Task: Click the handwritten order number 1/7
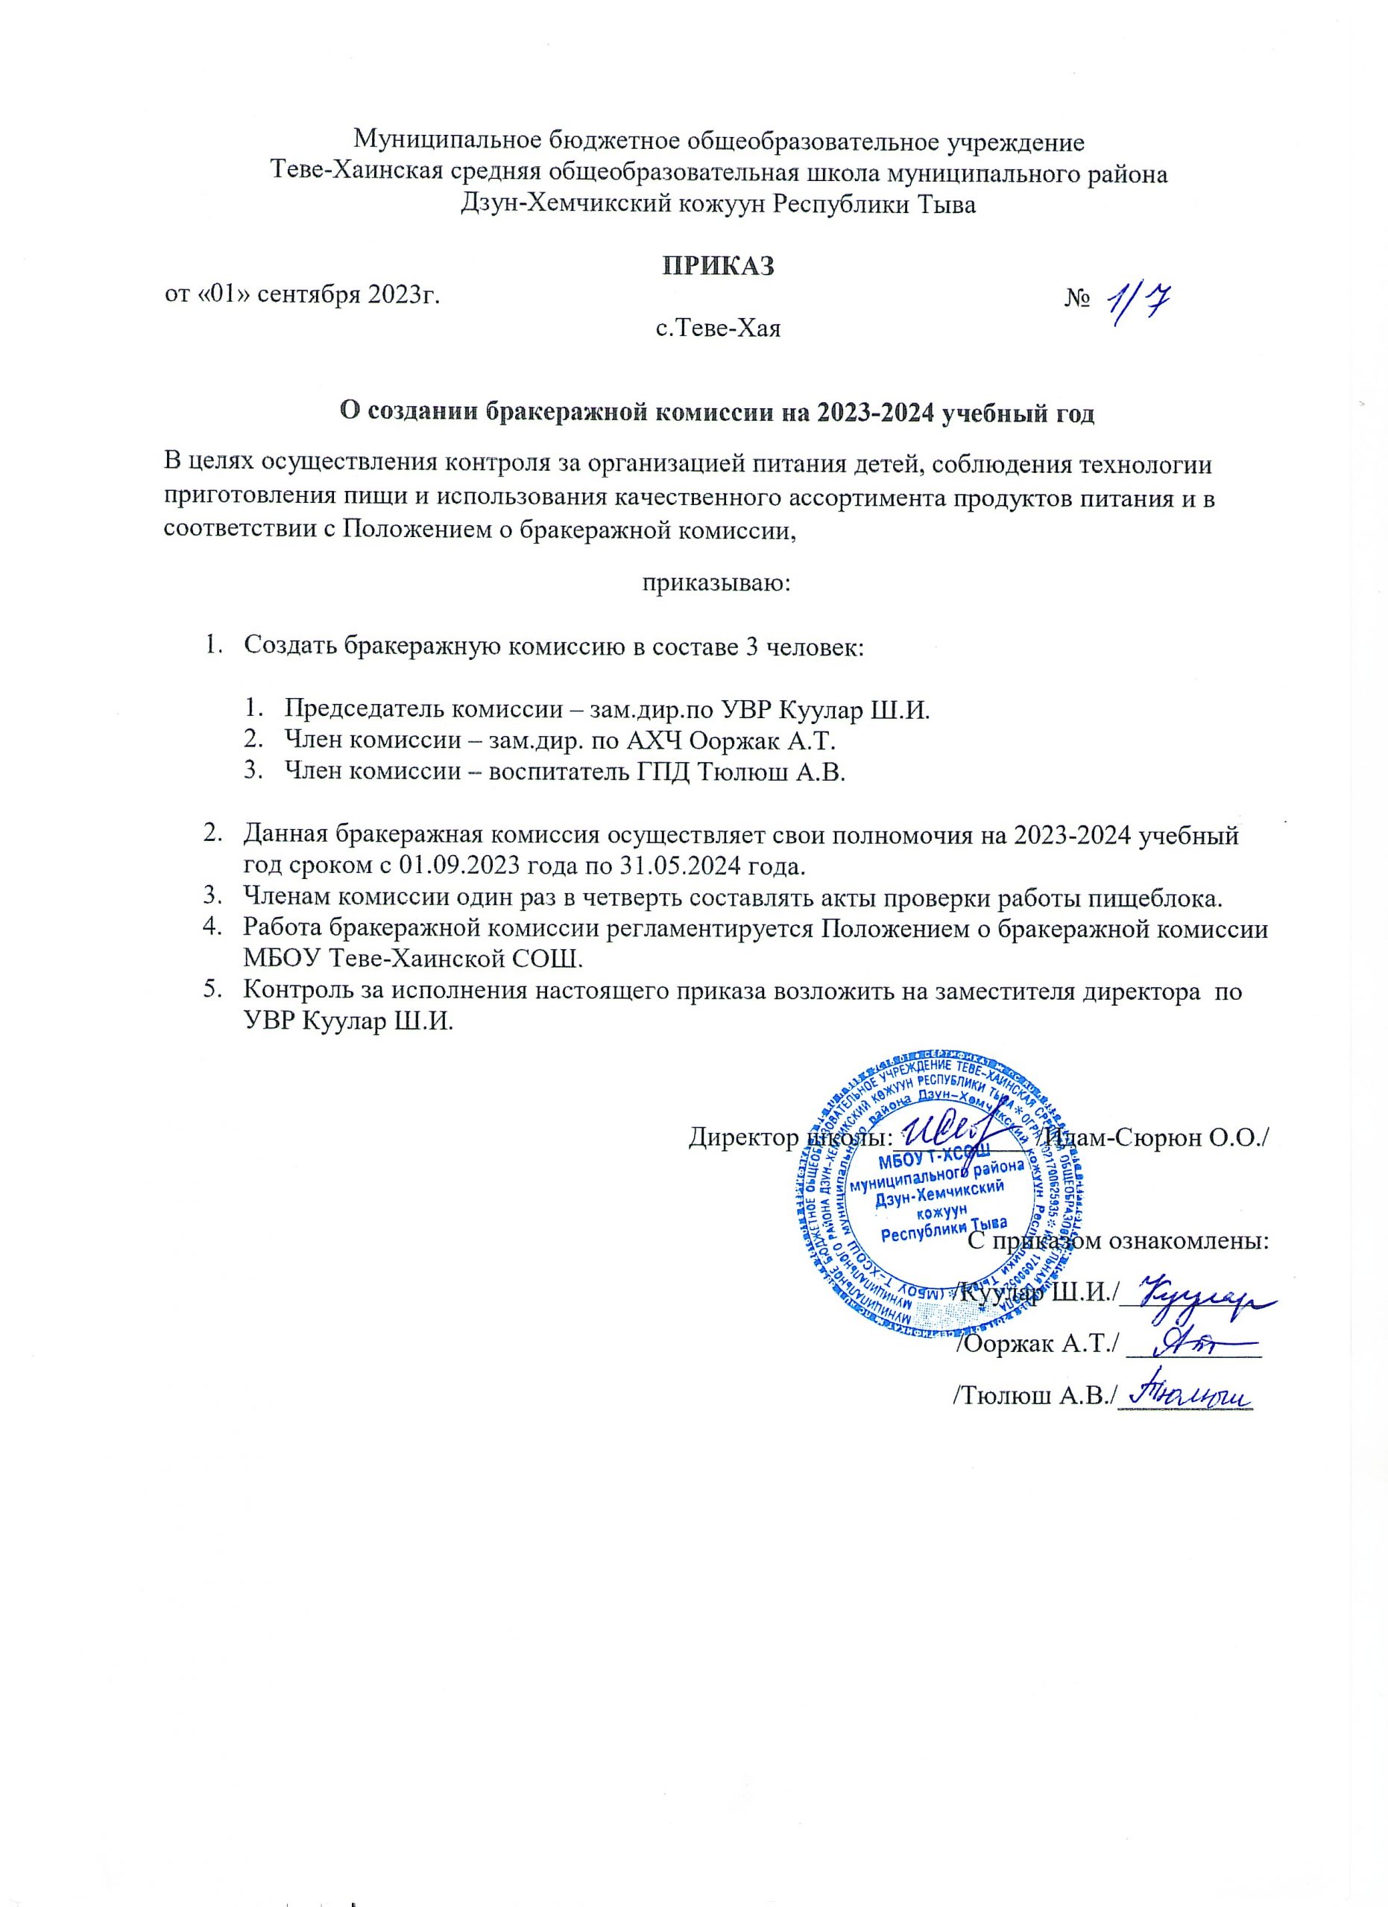[1145, 302]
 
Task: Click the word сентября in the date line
[316, 295]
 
